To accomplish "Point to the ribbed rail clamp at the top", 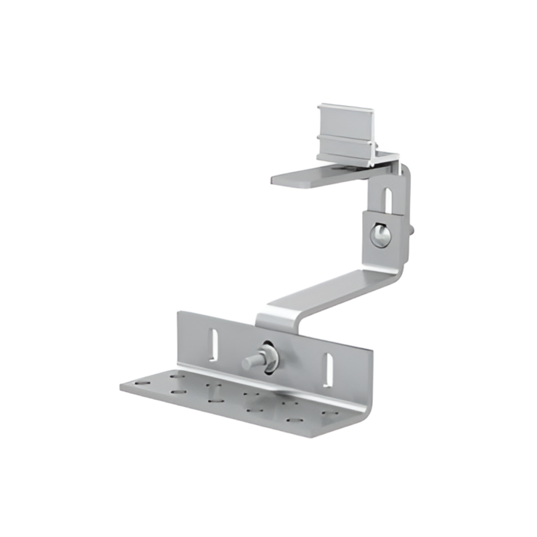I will click(346, 133).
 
